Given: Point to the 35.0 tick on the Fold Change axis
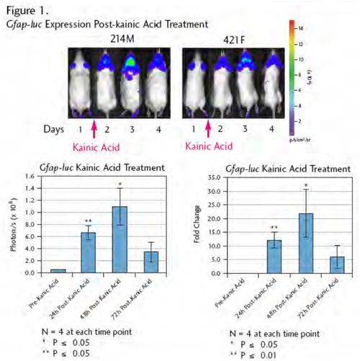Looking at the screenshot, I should [x=216, y=177].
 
